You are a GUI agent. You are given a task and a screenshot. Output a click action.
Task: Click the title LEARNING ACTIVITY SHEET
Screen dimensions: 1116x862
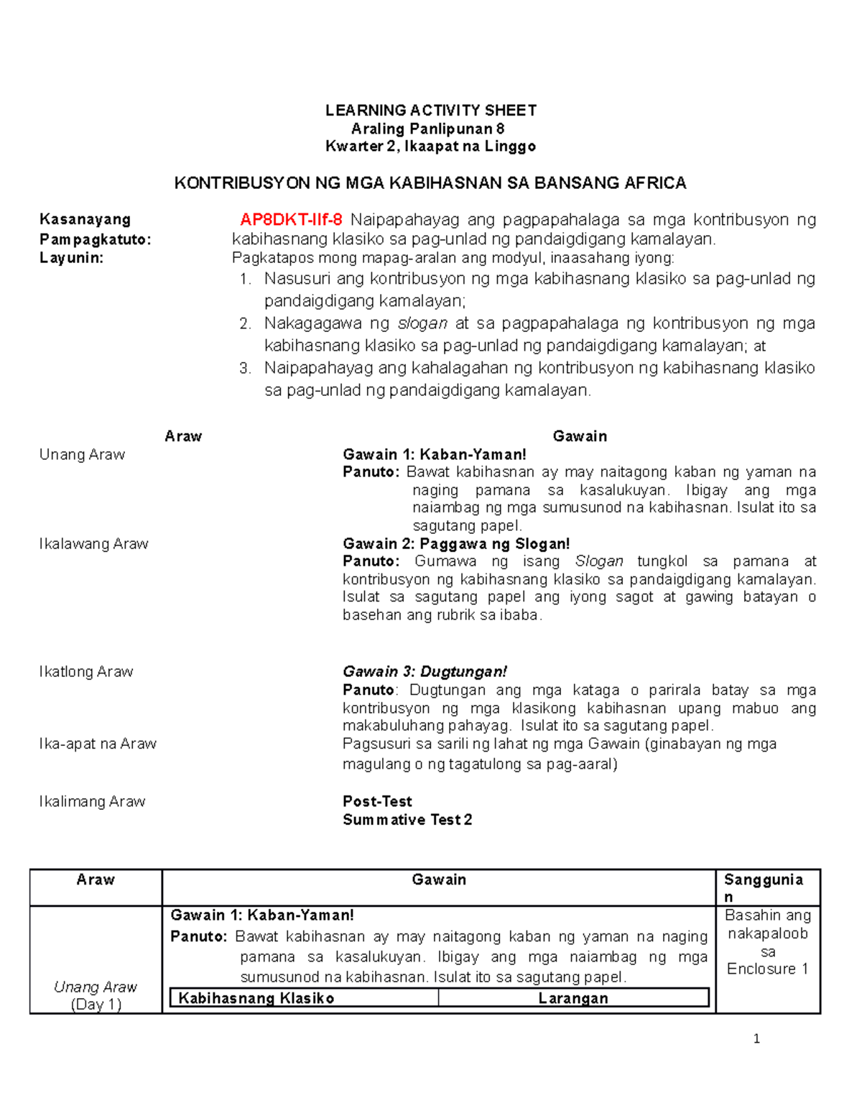click(x=430, y=110)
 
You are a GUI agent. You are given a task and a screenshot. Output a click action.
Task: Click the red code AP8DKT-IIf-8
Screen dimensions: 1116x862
click(x=291, y=220)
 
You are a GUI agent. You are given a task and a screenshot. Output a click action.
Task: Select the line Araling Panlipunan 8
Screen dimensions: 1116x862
click(x=427, y=129)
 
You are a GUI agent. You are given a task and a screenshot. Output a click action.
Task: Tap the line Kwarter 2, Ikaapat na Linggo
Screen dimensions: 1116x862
click(x=430, y=147)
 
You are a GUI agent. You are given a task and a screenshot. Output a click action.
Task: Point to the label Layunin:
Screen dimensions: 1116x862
click(x=72, y=258)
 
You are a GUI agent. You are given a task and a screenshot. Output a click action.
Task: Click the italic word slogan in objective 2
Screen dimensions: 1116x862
click(x=422, y=323)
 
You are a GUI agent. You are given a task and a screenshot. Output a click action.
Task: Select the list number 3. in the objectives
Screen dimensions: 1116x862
click(x=245, y=369)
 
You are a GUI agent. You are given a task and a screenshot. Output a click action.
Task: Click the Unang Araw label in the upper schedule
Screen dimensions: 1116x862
click(x=82, y=455)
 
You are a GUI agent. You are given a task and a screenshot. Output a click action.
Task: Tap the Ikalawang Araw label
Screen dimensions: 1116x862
click(x=93, y=544)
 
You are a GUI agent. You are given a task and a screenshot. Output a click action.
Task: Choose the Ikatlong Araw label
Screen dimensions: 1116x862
click(x=86, y=672)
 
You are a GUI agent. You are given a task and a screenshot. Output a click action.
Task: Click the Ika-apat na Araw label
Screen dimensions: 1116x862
click(x=98, y=744)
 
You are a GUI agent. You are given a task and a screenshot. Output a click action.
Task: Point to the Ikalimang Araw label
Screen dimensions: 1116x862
click(x=92, y=801)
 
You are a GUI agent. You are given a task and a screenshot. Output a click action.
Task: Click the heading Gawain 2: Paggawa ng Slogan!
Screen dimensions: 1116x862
click(x=456, y=544)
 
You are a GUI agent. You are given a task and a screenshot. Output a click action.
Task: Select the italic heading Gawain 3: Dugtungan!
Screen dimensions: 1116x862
click(x=425, y=672)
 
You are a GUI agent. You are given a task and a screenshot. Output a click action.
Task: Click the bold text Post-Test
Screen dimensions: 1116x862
click(x=377, y=801)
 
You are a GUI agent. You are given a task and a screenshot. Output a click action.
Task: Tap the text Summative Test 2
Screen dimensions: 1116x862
click(x=407, y=820)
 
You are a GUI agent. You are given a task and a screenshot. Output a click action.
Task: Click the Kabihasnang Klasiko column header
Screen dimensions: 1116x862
click(x=256, y=998)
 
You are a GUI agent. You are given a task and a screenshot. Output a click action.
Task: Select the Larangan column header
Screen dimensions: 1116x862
click(x=573, y=998)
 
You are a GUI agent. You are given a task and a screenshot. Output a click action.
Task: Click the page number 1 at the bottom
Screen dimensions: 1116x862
click(x=756, y=1038)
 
